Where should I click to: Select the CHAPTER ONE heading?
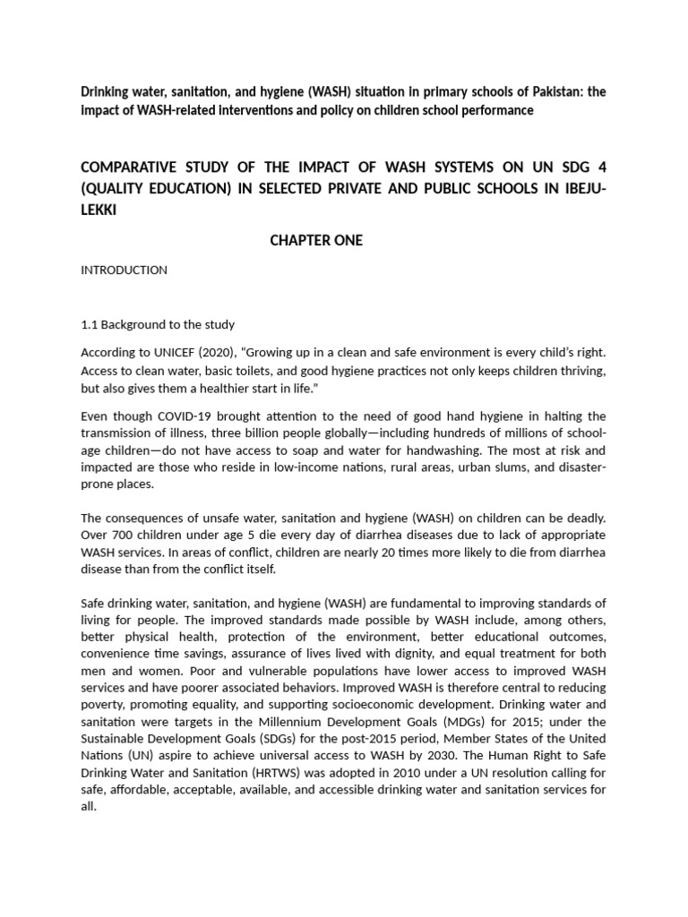point(315,240)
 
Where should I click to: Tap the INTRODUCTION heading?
point(124,270)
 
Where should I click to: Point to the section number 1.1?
point(90,324)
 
